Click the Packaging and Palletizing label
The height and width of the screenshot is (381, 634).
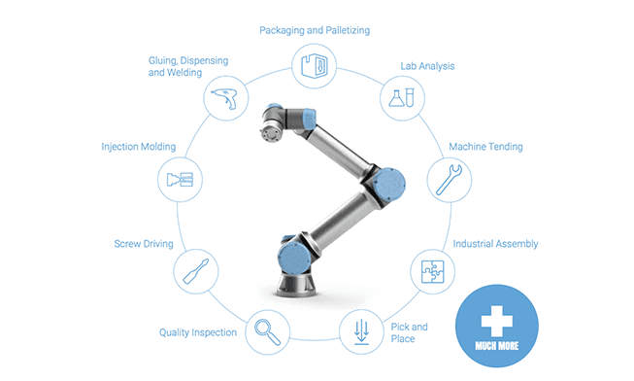pyautogui.click(x=315, y=31)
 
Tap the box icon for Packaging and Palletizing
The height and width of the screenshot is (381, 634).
pyautogui.click(x=315, y=66)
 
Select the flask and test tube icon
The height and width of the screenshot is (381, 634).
pyautogui.click(x=402, y=98)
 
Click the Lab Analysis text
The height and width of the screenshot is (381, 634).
pyautogui.click(x=427, y=66)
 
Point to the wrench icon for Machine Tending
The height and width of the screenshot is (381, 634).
pyautogui.click(x=449, y=180)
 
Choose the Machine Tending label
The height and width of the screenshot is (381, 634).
pyautogui.click(x=485, y=147)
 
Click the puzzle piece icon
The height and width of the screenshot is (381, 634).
pyautogui.click(x=433, y=271)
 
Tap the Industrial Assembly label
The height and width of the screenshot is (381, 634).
pyautogui.click(x=495, y=244)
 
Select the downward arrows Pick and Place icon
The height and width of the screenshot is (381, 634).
pyautogui.click(x=361, y=332)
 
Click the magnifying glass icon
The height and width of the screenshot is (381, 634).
pyautogui.click(x=267, y=332)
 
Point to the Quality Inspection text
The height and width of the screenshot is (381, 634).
pyautogui.click(x=198, y=332)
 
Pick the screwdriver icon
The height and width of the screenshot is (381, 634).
pyautogui.click(x=196, y=271)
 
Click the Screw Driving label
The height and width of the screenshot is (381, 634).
pyautogui.click(x=144, y=244)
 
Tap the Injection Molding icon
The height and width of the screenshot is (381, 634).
pyautogui.click(x=180, y=180)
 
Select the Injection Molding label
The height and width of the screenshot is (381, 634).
pyautogui.click(x=138, y=147)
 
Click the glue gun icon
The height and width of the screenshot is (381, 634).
pyautogui.click(x=224, y=98)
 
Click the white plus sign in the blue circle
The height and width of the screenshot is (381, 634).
pyautogui.click(x=497, y=321)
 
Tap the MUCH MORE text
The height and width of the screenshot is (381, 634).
pyautogui.click(x=497, y=346)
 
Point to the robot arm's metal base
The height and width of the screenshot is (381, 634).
pyautogui.click(x=296, y=284)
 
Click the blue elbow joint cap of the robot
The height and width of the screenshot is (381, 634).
pyautogui.click(x=389, y=185)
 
